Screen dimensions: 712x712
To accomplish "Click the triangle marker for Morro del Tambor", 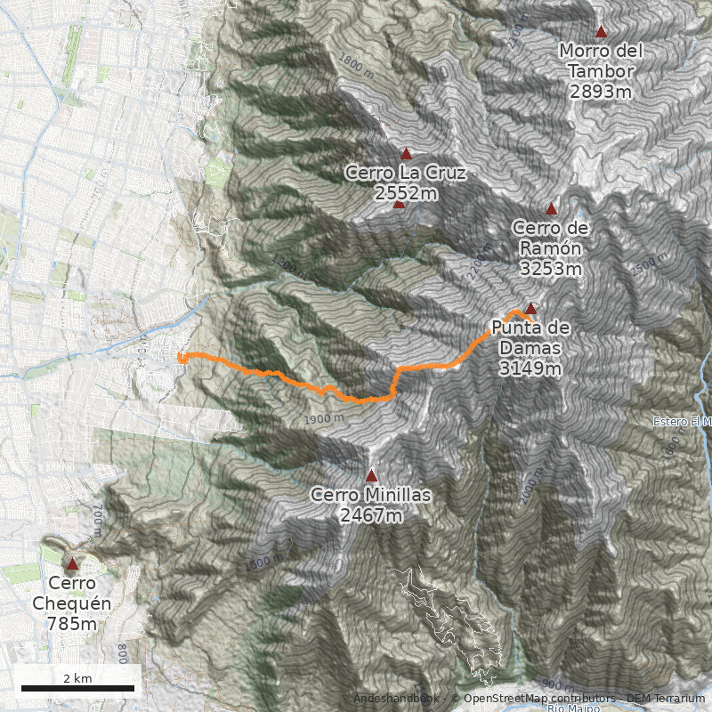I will [601, 32].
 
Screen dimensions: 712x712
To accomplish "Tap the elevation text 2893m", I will [601, 91].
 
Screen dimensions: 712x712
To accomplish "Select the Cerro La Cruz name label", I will [406, 173].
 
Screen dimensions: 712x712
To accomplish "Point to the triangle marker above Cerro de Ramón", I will [551, 209].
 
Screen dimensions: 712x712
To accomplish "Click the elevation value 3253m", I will [551, 268].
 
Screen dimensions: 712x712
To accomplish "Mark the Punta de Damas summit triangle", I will [530, 309].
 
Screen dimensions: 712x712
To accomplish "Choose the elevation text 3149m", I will [530, 368].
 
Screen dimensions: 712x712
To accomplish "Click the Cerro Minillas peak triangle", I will [371, 475].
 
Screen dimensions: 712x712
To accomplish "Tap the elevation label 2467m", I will [370, 514].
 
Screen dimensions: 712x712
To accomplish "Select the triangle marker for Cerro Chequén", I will [72, 564].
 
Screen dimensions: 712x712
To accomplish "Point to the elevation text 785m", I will [71, 624].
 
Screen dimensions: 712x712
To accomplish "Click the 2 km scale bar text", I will [77, 678].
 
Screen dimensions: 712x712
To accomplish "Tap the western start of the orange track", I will [180, 357].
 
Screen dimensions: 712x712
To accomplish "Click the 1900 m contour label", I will [322, 418].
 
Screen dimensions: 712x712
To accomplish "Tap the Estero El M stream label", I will [682, 421].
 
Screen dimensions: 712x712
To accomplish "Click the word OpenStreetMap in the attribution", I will [503, 699].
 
